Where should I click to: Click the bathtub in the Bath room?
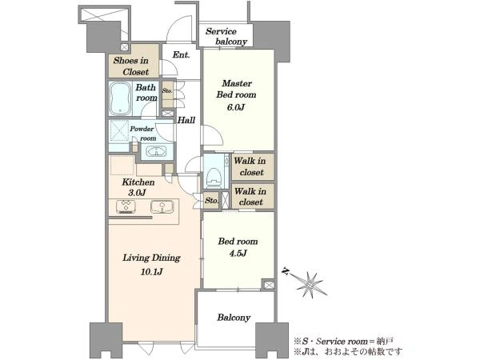120,98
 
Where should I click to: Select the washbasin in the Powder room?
156,151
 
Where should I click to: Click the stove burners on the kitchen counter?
126,206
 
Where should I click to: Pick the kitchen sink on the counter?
162,206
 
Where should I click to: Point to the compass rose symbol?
310,284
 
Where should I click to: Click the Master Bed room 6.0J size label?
235,107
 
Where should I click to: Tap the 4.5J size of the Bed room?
238,254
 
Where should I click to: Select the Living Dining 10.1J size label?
151,271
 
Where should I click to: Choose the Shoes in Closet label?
131,66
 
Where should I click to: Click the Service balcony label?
226,37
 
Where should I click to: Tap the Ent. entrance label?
182,54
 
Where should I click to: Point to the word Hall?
186,120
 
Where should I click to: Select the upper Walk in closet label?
250,166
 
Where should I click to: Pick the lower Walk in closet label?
250,197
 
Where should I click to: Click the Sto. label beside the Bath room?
167,91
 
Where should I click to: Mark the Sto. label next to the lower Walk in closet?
211,201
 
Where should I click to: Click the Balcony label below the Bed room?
234,318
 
